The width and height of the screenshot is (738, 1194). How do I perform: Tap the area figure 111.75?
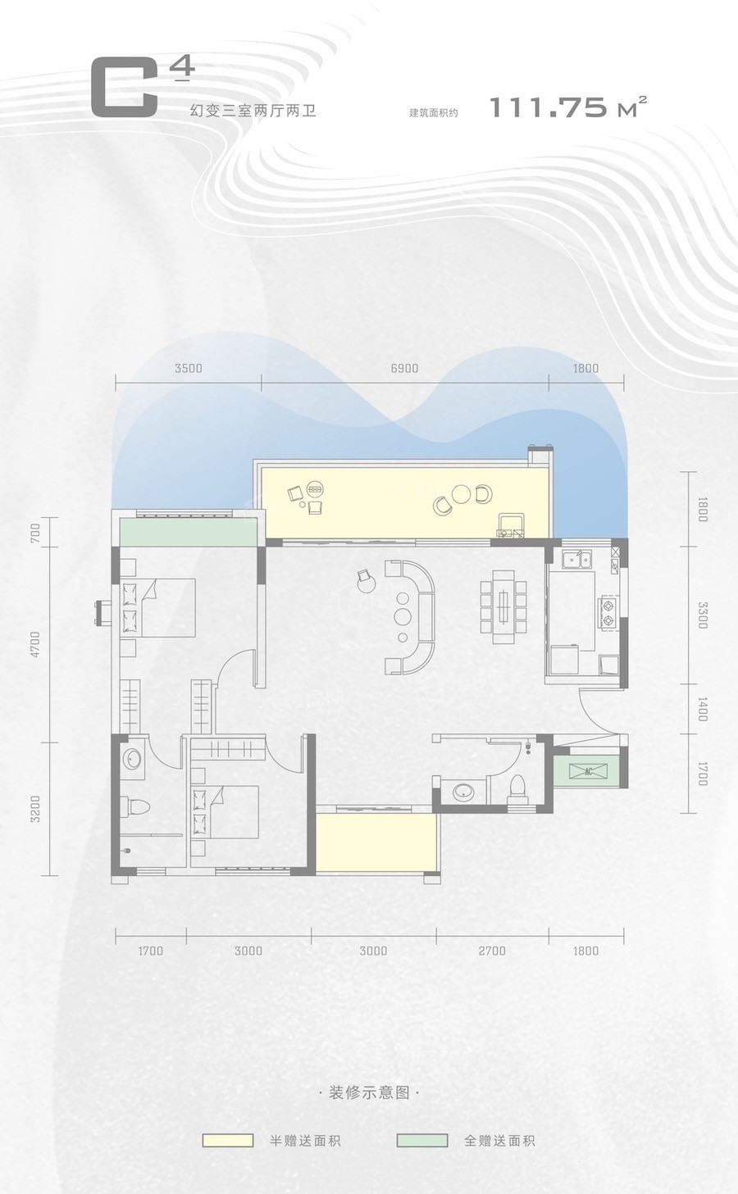pyautogui.click(x=548, y=107)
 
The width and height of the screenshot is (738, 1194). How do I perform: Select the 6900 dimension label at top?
pyautogui.click(x=404, y=368)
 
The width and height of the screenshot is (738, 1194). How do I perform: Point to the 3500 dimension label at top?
pyautogui.click(x=189, y=368)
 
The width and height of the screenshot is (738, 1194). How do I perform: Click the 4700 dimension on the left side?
pyautogui.click(x=35, y=645)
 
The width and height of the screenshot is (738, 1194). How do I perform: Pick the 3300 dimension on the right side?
pyautogui.click(x=702, y=615)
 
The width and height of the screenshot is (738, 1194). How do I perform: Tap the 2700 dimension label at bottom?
pyautogui.click(x=492, y=951)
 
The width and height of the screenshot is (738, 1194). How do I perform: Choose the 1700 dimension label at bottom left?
pyautogui.click(x=150, y=951)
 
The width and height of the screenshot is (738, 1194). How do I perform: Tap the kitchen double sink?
pyautogui.click(x=578, y=560)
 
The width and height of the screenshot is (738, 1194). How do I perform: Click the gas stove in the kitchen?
pyautogui.click(x=608, y=612)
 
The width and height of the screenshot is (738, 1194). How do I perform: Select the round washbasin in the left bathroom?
pyautogui.click(x=131, y=760)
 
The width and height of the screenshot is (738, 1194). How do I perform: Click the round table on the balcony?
pyautogui.click(x=460, y=494)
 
